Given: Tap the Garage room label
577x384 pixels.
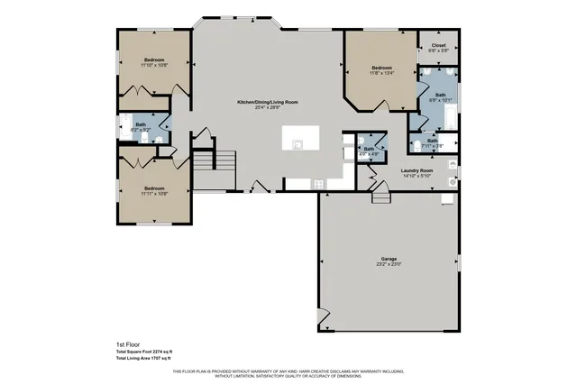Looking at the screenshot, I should click(388, 259).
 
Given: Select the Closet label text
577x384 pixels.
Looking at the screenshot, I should click(438, 45).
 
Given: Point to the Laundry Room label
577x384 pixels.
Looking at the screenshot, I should click(416, 170).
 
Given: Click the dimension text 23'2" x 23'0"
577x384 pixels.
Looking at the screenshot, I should click(388, 265).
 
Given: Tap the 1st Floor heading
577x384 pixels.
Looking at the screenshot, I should click(128, 344).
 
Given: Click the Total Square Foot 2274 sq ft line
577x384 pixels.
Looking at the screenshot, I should click(144, 352).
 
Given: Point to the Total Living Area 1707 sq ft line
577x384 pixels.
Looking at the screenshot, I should click(144, 359).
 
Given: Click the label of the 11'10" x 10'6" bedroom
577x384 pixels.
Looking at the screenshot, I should click(154, 60).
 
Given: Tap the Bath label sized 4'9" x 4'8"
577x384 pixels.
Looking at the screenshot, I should click(369, 149).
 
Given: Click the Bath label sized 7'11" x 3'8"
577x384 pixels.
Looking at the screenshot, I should click(432, 140).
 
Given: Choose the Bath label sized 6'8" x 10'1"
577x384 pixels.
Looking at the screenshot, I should click(439, 95).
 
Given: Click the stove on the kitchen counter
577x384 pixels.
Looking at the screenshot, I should click(318, 184).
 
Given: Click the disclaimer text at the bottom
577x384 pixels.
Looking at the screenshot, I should click(288, 374).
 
